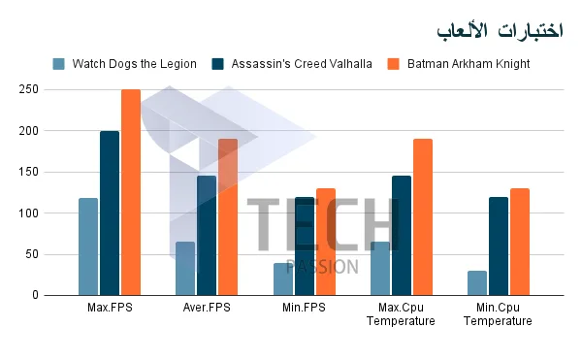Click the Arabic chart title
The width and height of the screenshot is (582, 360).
[500, 30]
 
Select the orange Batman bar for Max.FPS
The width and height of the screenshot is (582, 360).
[131, 192]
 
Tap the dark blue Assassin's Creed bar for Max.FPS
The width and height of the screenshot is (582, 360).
[110, 213]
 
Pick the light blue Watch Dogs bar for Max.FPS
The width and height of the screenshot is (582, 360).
[88, 246]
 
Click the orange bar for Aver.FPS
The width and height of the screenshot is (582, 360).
[228, 217]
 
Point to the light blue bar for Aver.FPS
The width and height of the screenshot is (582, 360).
[185, 269]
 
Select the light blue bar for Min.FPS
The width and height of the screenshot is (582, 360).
[283, 279]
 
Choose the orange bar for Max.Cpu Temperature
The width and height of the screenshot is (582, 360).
[423, 217]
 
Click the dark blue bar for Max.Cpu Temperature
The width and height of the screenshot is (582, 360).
[402, 236]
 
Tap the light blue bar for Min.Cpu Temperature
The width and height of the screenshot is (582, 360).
[477, 283]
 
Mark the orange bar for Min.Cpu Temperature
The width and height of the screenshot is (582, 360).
[520, 242]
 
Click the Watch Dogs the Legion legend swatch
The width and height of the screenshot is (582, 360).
[58, 64]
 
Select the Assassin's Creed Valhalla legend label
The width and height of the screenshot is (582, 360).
[302, 64]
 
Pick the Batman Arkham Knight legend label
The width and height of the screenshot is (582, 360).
[469, 64]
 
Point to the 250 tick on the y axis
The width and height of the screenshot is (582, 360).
[28, 89]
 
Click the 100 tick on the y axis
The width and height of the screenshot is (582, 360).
[28, 213]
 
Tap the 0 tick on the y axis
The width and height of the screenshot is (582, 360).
[35, 295]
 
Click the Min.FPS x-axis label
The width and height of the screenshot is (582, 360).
[304, 308]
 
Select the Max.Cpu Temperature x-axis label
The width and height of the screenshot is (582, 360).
[401, 314]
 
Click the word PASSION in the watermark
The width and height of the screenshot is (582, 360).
[323, 267]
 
